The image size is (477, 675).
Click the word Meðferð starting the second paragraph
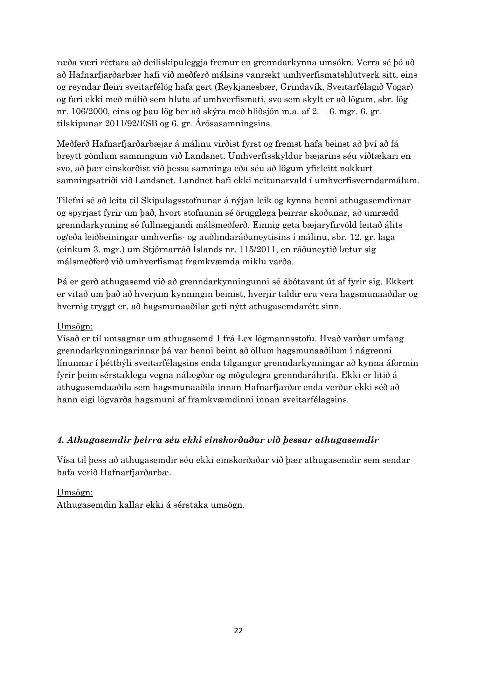point(73,144)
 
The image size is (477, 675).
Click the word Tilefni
point(70,201)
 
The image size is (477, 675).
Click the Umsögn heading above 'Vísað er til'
point(74,326)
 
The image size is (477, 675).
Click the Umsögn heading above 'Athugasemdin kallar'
point(74,493)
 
